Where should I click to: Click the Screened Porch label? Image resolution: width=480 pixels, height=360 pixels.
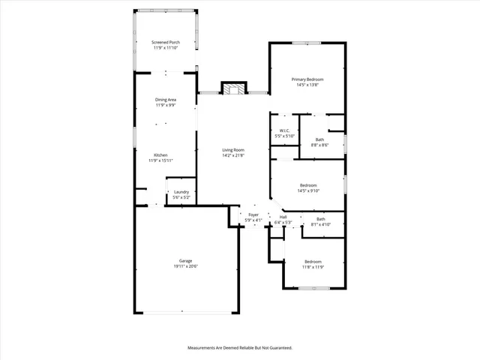166,42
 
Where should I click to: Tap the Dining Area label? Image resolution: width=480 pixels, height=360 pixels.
166,100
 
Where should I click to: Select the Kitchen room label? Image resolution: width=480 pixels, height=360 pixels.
160,154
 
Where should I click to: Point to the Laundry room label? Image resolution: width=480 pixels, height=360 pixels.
181,192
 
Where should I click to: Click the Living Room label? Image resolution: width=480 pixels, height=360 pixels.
233,150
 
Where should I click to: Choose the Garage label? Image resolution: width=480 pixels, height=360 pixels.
186,261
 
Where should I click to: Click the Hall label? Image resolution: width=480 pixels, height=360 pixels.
283,217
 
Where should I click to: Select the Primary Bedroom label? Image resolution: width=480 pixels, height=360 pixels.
307,79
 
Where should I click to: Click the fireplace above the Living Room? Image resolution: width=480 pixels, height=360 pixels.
233,89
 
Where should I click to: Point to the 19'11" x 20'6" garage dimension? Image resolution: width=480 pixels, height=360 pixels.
186,266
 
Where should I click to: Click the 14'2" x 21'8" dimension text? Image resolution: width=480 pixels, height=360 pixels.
233,155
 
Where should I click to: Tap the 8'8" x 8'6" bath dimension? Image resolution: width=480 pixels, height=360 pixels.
320,145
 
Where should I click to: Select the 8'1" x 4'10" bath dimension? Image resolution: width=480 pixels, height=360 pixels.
320,224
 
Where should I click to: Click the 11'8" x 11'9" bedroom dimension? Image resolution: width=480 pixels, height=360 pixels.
313,266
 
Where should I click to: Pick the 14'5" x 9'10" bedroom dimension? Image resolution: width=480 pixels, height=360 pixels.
308,190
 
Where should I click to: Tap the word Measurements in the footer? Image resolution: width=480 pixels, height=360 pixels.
202,348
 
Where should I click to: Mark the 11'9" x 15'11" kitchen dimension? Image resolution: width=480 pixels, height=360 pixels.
160,160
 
